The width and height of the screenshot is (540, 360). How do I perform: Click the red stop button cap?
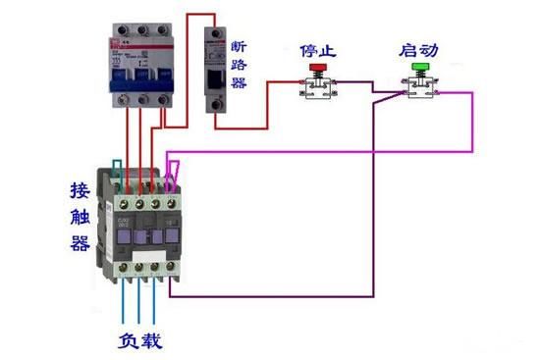pos(317,69)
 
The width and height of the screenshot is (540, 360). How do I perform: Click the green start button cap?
pos(421,69)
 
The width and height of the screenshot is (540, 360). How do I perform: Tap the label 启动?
pos(420,50)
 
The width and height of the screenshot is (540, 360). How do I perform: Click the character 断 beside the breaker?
pos(240,47)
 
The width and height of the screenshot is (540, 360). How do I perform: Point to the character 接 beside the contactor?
pos(81,187)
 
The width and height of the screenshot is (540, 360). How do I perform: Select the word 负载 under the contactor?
pos(140,340)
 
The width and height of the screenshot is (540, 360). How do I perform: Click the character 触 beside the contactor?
pos(81,216)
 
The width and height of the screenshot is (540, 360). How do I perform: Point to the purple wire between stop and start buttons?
pos(358,88)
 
